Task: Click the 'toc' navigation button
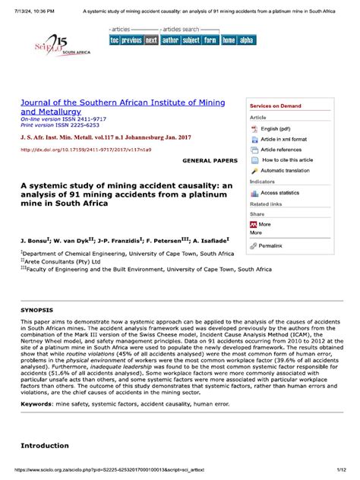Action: point(115,39)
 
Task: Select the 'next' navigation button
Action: point(151,39)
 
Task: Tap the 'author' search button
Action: point(170,39)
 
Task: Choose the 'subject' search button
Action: point(191,39)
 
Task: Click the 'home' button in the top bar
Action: point(228,39)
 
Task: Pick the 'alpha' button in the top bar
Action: point(246,39)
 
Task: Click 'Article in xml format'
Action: point(283,140)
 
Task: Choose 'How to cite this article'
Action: point(286,160)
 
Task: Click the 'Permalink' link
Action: point(270,246)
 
